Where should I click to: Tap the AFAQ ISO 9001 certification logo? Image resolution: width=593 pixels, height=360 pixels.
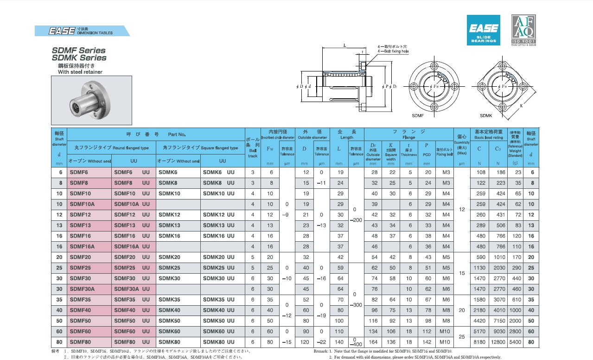pos(523,30)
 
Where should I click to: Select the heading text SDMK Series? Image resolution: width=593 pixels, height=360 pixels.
pos(79,58)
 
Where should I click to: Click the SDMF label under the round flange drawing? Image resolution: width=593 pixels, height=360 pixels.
pos(418,115)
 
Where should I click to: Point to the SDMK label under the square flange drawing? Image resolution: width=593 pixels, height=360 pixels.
pos(486,115)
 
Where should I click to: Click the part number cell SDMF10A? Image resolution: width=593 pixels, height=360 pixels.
pos(82,204)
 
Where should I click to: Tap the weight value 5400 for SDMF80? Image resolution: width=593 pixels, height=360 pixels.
pos(515,342)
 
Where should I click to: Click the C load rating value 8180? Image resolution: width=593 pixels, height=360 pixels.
pos(480,342)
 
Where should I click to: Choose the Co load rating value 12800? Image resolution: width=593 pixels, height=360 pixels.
pos(497,342)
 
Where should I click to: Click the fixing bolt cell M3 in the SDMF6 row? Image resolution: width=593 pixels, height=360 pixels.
pos(446,172)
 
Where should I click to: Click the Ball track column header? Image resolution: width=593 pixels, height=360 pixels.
pos(252,148)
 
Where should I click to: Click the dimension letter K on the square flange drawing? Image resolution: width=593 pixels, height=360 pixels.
pos(521,106)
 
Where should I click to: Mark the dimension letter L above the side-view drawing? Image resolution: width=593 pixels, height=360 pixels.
pos(345,45)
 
